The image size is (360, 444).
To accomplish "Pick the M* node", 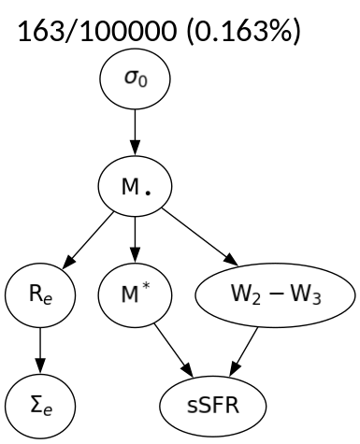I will click(x=137, y=297).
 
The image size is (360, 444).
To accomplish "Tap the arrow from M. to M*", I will click(x=137, y=242).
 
